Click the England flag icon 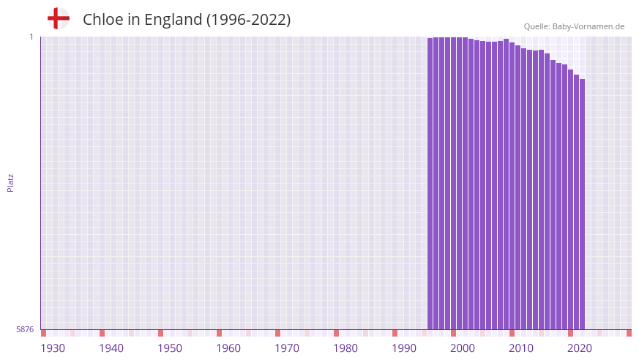point(59,18)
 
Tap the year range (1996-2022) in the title point(248,20)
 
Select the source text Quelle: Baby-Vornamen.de point(574,27)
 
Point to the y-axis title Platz point(10,182)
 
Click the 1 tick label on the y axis point(31,37)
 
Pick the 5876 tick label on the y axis point(25,329)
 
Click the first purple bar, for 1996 point(430,183)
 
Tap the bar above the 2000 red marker point(453,183)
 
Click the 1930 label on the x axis point(53,348)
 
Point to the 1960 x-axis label point(228,348)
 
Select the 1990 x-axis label point(404,348)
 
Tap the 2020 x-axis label point(580,348)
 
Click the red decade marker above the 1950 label point(160,333)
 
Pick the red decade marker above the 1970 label point(277,333)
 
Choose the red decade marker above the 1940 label point(102,333)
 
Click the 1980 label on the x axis point(345,348)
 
